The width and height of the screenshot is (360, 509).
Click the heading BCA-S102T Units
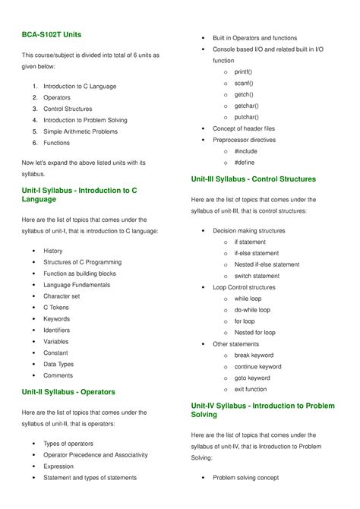[x=52, y=35]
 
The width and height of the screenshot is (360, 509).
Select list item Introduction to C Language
[x=80, y=87]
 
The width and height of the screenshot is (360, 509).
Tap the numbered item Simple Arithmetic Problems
[x=81, y=131]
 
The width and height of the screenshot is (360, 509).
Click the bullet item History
[x=53, y=251]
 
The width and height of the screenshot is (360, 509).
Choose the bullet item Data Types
[x=58, y=365]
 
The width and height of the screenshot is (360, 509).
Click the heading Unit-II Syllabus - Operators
[x=68, y=392]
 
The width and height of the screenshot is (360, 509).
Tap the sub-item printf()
[x=244, y=72]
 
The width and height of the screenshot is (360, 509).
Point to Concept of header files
[x=244, y=129]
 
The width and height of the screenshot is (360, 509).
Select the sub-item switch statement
[x=257, y=276]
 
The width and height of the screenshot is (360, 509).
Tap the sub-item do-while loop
[x=252, y=310]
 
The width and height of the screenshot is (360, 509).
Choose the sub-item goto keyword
[x=252, y=378]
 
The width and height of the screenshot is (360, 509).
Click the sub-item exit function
[x=251, y=390]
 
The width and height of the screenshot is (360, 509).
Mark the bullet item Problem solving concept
[x=245, y=478]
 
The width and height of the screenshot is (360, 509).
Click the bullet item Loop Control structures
[x=244, y=288]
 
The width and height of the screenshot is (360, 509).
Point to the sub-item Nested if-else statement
[x=267, y=264]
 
